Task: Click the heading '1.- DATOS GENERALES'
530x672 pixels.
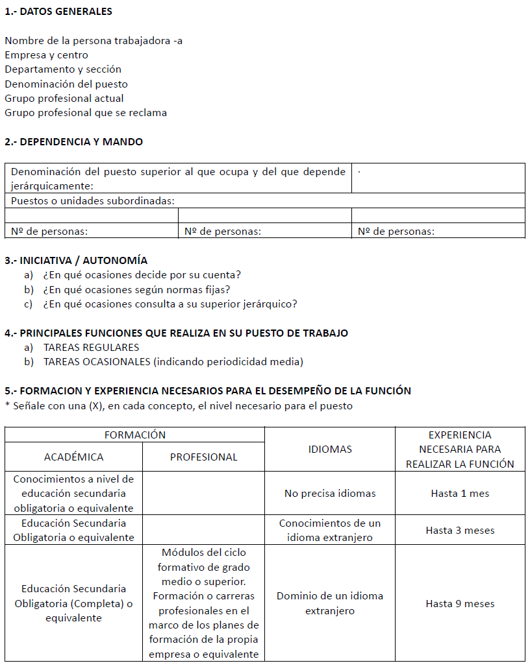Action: tap(58, 12)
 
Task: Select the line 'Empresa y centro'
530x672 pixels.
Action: tap(47, 55)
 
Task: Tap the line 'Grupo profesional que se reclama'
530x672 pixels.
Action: tap(86, 113)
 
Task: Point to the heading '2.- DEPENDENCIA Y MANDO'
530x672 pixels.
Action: tap(74, 141)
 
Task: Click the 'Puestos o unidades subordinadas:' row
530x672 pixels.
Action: tap(93, 201)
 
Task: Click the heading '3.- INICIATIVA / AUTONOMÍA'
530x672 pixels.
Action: tap(76, 261)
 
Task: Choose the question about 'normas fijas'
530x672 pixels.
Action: tap(136, 289)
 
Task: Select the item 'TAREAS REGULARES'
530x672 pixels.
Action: tap(91, 348)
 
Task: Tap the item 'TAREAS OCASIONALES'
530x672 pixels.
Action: tap(173, 362)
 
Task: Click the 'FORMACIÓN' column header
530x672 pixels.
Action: tap(135, 435)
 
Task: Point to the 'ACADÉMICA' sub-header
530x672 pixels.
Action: tap(73, 457)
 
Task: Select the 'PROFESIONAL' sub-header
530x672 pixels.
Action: tap(204, 457)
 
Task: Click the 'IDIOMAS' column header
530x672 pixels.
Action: tap(330, 449)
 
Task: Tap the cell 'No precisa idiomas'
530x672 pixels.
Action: tap(330, 494)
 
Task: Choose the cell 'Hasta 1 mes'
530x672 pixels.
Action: tap(460, 494)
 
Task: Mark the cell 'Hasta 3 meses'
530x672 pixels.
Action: tap(460, 530)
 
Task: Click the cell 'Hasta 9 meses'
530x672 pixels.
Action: tap(460, 603)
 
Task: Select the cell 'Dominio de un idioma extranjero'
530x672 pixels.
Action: tap(330, 603)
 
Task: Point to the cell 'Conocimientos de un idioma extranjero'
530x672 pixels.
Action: tap(330, 530)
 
